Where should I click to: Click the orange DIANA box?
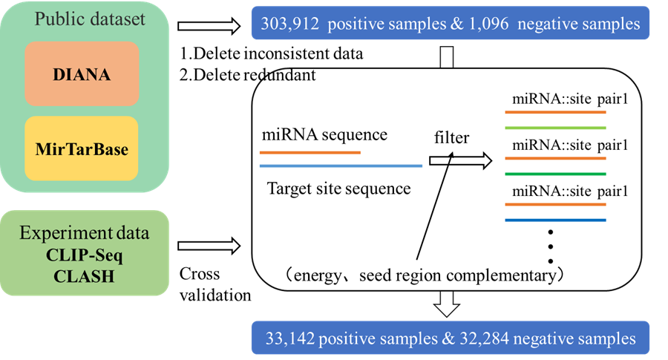click(x=82, y=73)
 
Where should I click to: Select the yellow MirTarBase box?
click(x=82, y=148)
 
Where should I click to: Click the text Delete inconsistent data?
click(x=275, y=55)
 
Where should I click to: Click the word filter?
click(x=453, y=138)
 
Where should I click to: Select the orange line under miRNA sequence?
click(x=310, y=152)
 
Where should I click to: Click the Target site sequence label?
click(x=338, y=189)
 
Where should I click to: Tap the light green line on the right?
click(x=555, y=128)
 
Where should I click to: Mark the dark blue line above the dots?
click(x=555, y=220)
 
